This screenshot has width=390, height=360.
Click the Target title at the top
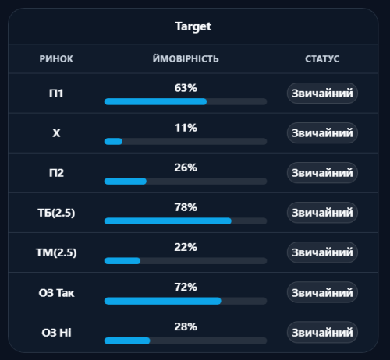tap(193, 26)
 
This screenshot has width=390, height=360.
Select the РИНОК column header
tap(56, 59)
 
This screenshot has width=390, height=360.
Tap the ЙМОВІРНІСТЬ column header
tap(186, 58)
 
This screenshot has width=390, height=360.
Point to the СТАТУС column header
tap(322, 59)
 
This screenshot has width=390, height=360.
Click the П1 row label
tap(56, 94)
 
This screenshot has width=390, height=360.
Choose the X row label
tap(56, 133)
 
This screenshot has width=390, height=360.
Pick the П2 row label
tap(56, 173)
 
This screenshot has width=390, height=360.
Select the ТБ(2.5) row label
tap(56, 213)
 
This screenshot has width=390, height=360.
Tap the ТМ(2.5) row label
tap(56, 252)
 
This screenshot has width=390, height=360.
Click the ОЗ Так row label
tap(56, 293)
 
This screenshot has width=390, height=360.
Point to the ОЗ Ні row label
tap(56, 333)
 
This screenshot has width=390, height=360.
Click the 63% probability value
tap(186, 88)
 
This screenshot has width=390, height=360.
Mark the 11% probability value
tap(186, 128)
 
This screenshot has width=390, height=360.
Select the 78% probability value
tap(186, 207)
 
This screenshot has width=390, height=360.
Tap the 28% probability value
tap(186, 326)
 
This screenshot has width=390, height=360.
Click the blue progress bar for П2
tap(126, 182)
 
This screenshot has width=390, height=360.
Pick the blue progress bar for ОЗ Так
tap(163, 301)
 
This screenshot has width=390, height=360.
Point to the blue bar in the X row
tap(113, 142)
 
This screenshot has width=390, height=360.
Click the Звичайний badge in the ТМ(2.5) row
tap(322, 252)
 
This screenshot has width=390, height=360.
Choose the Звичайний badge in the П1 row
tap(322, 94)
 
